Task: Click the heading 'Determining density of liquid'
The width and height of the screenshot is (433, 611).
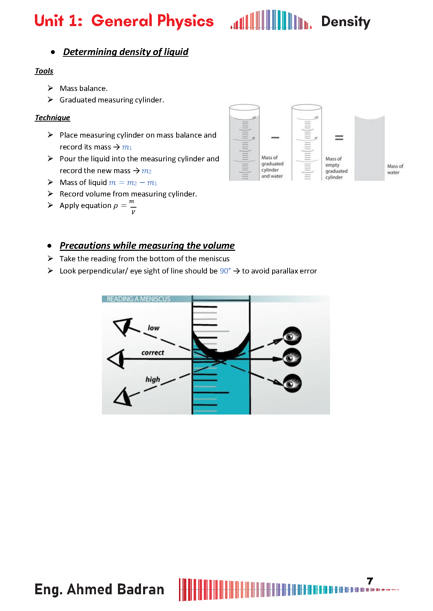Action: pyautogui.click(x=126, y=52)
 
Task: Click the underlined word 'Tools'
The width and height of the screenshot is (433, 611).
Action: pyautogui.click(x=44, y=71)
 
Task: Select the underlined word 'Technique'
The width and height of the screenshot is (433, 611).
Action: pyautogui.click(x=52, y=118)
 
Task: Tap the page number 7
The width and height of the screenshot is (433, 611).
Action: pyautogui.click(x=370, y=581)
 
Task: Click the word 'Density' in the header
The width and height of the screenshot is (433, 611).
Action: pyautogui.click(x=345, y=22)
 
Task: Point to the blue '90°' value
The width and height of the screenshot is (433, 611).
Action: pyautogui.click(x=225, y=271)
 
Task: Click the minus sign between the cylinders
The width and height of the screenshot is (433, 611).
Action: pyautogui.click(x=275, y=138)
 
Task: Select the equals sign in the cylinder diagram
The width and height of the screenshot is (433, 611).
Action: pyautogui.click(x=339, y=138)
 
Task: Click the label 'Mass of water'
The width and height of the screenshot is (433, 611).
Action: pyautogui.click(x=395, y=169)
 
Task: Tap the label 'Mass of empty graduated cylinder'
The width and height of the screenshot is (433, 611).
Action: pyautogui.click(x=336, y=168)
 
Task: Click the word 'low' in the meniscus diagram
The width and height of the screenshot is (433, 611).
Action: pyautogui.click(x=154, y=328)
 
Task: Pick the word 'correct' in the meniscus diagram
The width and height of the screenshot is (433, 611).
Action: pyautogui.click(x=152, y=353)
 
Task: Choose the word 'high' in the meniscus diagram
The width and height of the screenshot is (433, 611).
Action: pyautogui.click(x=153, y=379)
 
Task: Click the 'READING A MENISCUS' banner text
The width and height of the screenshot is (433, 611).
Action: pyautogui.click(x=139, y=299)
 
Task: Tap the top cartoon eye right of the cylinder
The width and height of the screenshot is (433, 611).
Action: pyautogui.click(x=292, y=336)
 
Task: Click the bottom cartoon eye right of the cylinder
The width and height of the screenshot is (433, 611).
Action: pyautogui.click(x=292, y=383)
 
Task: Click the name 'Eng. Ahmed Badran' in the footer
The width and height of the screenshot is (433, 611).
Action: pyautogui.click(x=99, y=589)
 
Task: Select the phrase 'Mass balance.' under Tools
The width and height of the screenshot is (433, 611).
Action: pyautogui.click(x=83, y=88)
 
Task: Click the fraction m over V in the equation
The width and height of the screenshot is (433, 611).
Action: pyautogui.click(x=133, y=207)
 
